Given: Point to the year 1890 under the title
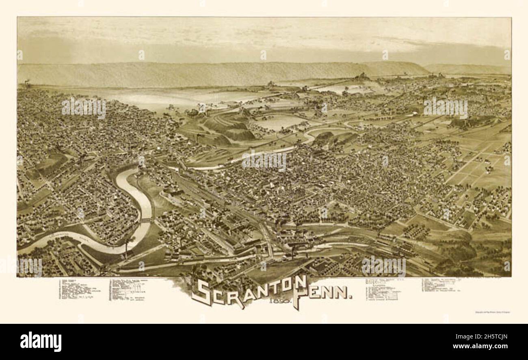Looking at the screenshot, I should point(277,301).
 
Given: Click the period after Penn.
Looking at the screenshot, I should point(350,297).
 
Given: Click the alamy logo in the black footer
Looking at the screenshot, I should point(41,342).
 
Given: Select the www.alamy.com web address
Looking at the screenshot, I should point(483,346).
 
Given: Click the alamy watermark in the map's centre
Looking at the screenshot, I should point(264,161).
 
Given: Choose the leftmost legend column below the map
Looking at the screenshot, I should point(80,289).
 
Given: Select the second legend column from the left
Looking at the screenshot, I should point(128,290).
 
